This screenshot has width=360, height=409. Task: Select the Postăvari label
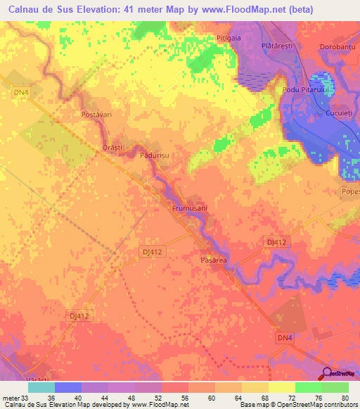(98, 113)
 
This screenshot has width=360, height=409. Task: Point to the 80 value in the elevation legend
(344, 397)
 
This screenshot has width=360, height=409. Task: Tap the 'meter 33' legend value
(15, 397)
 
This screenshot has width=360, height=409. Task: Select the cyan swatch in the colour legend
(41, 387)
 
